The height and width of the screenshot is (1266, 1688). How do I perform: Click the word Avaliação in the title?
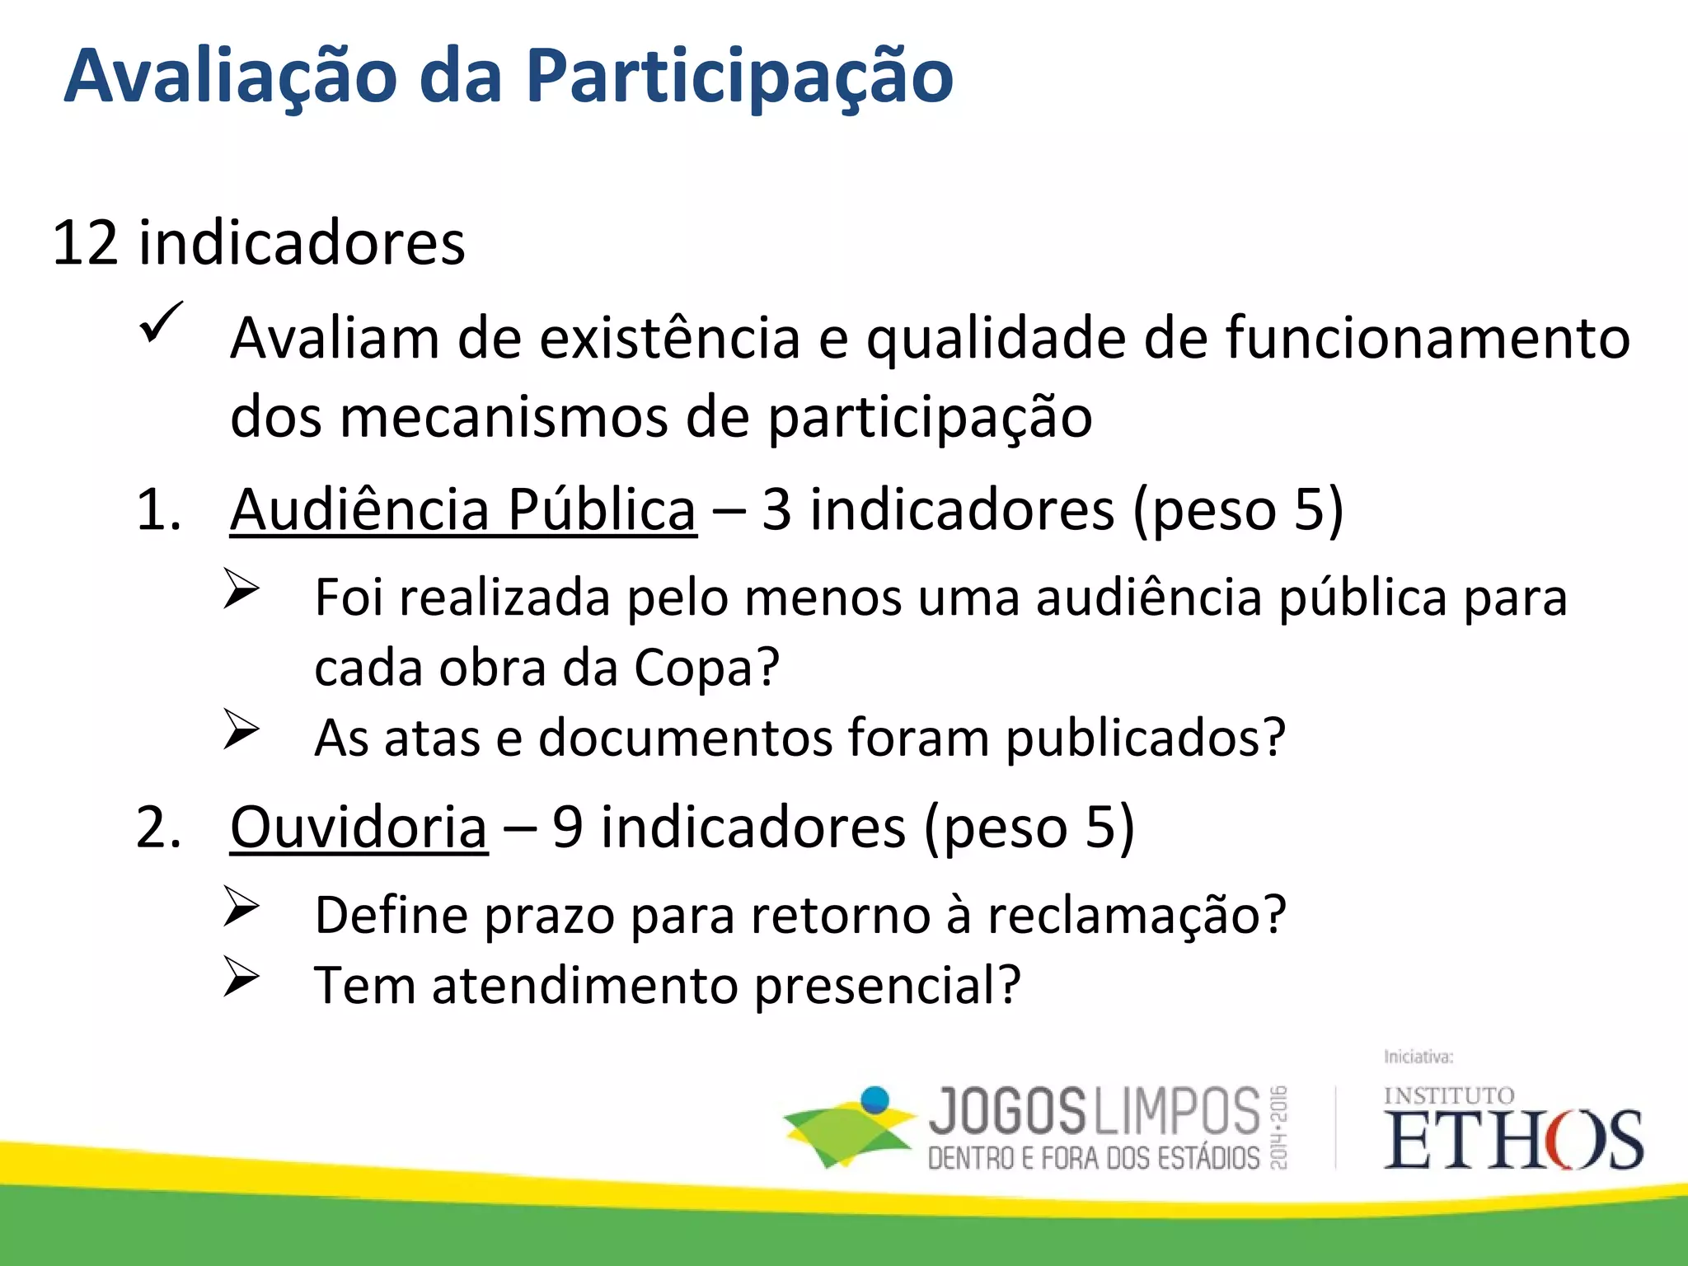(231, 76)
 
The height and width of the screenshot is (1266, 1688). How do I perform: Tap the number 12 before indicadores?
(85, 243)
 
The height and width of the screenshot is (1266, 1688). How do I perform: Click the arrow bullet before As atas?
(241, 729)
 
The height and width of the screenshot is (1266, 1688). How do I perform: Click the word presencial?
(887, 985)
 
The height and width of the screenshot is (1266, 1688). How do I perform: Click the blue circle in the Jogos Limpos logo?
(874, 1100)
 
